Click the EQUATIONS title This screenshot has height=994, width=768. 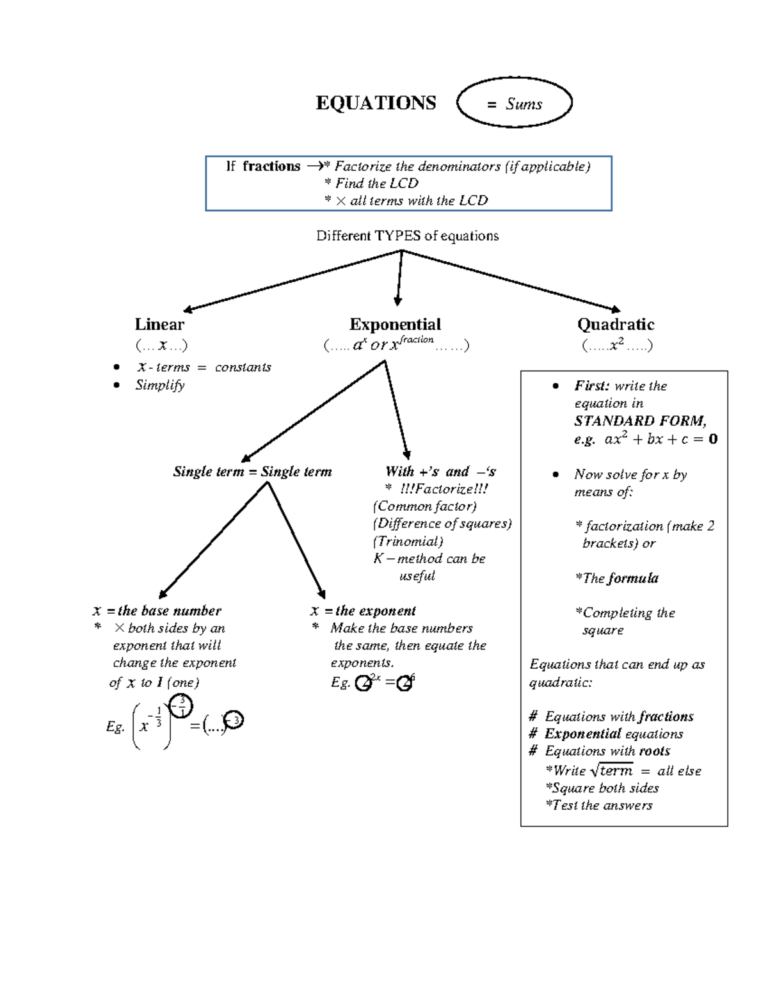[376, 103]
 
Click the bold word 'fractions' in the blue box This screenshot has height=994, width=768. [271, 166]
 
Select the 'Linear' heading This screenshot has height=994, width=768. [159, 325]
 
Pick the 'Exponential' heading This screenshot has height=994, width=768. [396, 325]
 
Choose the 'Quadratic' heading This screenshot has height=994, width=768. [616, 325]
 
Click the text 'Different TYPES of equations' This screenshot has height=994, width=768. [407, 236]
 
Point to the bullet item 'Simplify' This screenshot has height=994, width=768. [159, 385]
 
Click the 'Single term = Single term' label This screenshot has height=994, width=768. [253, 472]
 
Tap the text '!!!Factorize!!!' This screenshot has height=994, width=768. [444, 489]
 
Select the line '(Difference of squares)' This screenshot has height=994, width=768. [442, 524]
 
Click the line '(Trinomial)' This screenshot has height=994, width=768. [408, 541]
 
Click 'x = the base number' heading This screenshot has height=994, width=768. [157, 611]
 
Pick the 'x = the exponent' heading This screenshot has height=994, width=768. [363, 611]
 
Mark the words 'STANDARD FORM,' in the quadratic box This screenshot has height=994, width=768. [641, 421]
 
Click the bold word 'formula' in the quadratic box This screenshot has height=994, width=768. [633, 579]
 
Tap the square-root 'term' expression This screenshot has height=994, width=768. [612, 771]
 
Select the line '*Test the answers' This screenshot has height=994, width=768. [599, 805]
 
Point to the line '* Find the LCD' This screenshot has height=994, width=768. [371, 184]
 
